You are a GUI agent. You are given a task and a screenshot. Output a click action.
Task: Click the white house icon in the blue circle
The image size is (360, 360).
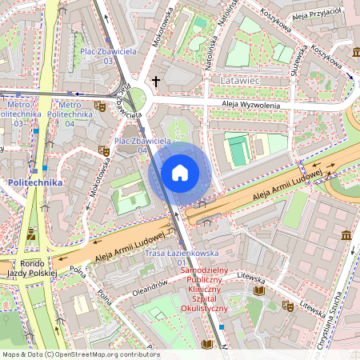pos(180,172)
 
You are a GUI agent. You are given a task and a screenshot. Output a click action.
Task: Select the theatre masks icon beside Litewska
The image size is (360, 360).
pos(287,306)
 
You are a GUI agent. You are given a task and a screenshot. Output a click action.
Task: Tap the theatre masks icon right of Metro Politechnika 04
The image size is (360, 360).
pos(100,105)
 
